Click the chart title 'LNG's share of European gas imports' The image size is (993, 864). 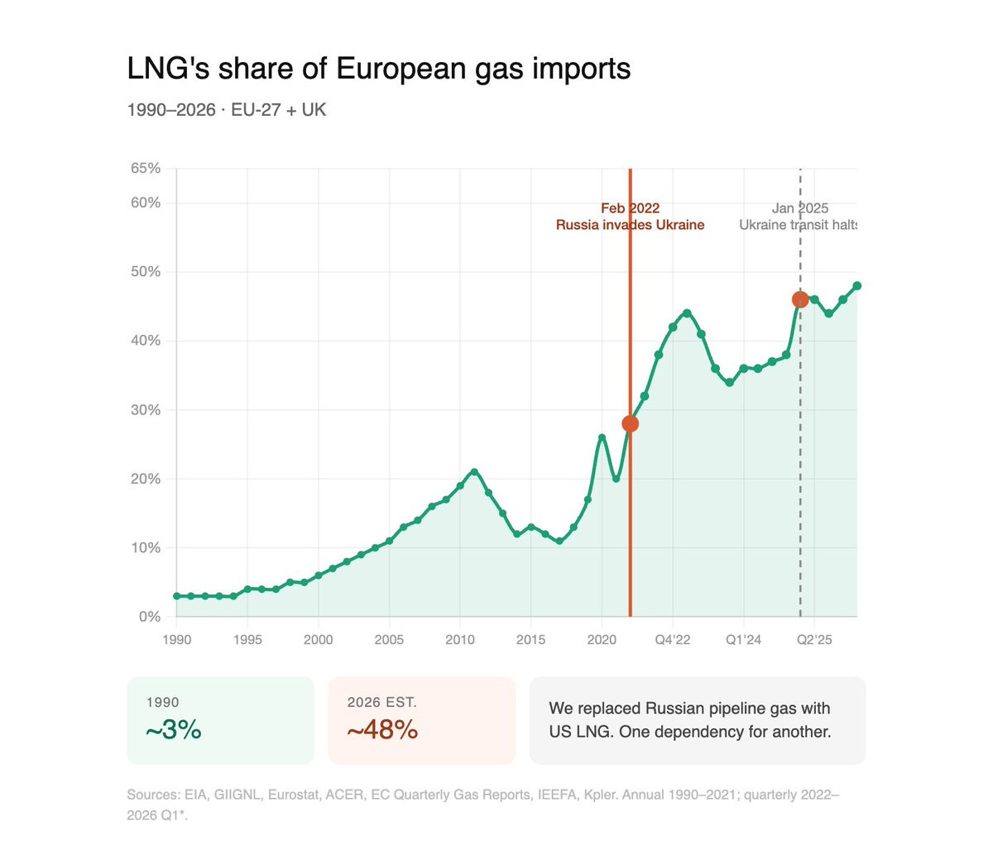pos(378,69)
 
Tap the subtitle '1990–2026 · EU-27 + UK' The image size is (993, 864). pos(226,110)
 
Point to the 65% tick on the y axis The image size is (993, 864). pos(146,169)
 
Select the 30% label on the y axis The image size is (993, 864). pos(146,410)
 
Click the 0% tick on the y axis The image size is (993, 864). pos(150,617)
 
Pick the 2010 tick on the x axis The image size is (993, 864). pos(460,639)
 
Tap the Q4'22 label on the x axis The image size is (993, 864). pos(673,639)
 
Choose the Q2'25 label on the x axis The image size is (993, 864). pos(814,639)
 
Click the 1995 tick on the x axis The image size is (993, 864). pos(247,639)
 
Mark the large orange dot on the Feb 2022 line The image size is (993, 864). pos(630,424)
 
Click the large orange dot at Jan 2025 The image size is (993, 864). pos(799,299)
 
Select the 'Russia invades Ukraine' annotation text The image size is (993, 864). pos(630,225)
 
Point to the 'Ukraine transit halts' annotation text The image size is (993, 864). pos(798,225)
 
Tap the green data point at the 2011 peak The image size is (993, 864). pos(474,472)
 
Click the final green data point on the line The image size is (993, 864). pos(856,286)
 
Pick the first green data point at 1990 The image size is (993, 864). pos(177,596)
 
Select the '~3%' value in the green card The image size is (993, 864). pos(173,730)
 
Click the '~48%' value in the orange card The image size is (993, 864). pos(382,730)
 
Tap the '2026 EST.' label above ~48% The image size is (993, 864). pos(381,703)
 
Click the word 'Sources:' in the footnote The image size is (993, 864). pos(152,795)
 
